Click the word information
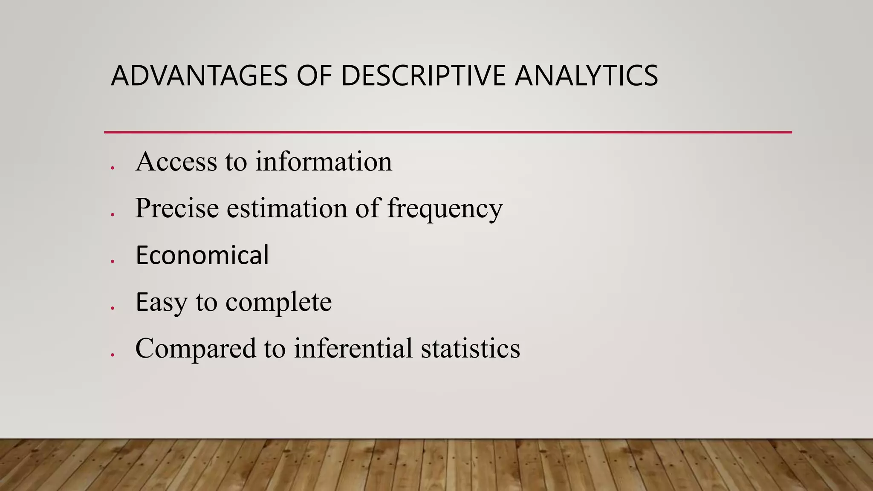click(324, 162)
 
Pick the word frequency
click(445, 209)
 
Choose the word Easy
click(161, 302)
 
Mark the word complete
click(278, 302)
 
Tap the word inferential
click(353, 348)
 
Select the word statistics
click(470, 348)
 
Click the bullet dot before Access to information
click(112, 168)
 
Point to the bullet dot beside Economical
click(112, 261)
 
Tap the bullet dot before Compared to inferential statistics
click(112, 355)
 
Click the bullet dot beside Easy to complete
click(112, 308)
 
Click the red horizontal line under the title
click(448, 133)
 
